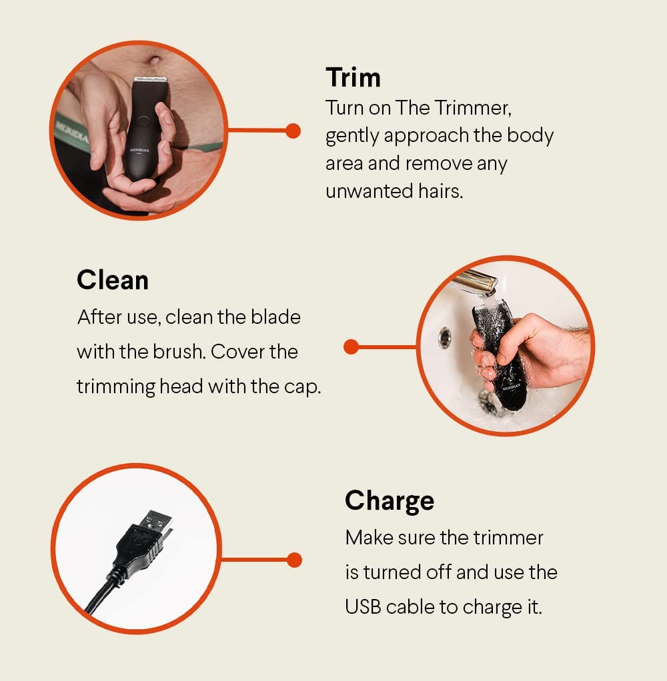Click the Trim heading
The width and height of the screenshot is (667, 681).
[353, 78]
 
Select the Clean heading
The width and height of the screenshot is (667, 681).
[113, 280]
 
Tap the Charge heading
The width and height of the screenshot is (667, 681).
[390, 502]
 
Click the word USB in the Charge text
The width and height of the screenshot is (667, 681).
[363, 607]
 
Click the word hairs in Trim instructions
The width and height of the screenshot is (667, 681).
[440, 191]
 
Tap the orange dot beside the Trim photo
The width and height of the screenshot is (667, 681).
[293, 131]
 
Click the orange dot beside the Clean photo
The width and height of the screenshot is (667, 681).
[351, 346]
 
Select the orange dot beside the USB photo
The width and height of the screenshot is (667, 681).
[294, 560]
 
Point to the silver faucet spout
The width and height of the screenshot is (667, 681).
[474, 283]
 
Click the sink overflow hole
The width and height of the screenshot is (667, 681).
[444, 337]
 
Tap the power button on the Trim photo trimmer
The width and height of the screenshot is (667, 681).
[143, 121]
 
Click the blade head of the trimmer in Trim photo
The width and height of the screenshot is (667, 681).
[150, 79]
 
